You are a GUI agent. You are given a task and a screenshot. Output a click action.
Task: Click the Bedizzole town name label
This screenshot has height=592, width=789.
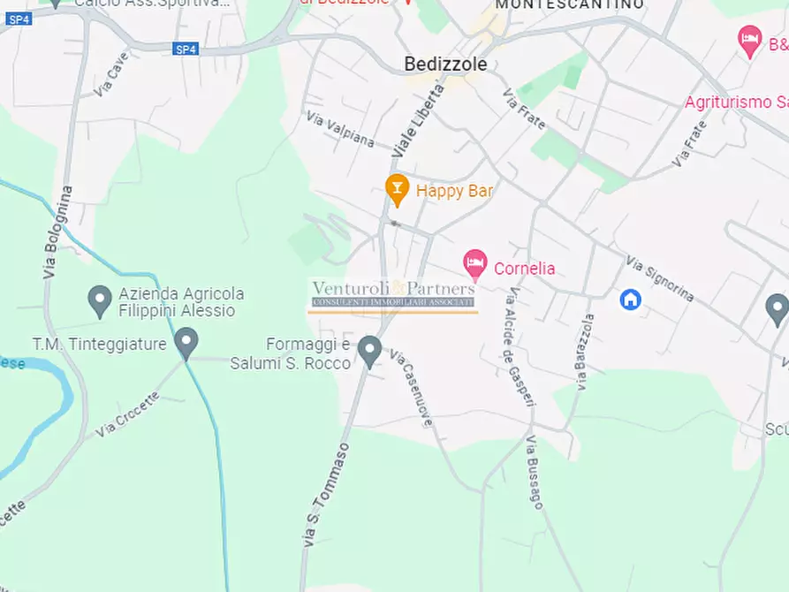pyautogui.click(x=445, y=65)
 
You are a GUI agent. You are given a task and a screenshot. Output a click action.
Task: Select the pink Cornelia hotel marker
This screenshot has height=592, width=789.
pyautogui.click(x=475, y=264)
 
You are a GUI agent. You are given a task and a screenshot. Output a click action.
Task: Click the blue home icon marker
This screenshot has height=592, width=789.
pyautogui.click(x=630, y=300)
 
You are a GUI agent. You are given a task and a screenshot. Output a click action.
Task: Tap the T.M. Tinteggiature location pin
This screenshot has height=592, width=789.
pyautogui.click(x=186, y=342)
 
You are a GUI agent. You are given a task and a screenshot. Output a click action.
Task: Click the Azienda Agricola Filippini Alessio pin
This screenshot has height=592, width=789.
pyautogui.click(x=100, y=300)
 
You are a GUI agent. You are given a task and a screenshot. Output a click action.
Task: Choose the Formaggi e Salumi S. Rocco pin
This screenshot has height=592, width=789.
pyautogui.click(x=369, y=351)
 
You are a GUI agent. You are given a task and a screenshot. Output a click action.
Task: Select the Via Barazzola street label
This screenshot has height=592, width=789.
pyautogui.click(x=585, y=352)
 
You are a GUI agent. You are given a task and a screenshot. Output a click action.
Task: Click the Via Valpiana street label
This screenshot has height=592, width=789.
pyautogui.click(x=340, y=129)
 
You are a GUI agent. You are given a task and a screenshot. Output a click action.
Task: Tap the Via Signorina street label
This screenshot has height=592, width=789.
pyautogui.click(x=659, y=277)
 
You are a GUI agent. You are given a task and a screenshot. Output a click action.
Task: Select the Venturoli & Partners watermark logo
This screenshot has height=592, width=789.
pyautogui.click(x=393, y=295)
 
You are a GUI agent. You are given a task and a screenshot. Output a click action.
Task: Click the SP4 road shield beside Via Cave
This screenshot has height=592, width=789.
pyautogui.click(x=186, y=49)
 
